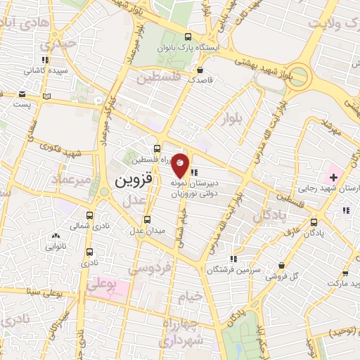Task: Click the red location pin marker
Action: tap(180, 165)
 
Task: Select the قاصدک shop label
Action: tap(201, 80)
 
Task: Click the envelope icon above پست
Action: tap(23, 94)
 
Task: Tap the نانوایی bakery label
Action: tap(56, 247)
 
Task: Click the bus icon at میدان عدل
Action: tap(147, 219)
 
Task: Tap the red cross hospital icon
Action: tap(333, 178)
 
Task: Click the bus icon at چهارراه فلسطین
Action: tap(157, 148)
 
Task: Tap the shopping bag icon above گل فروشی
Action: tap(281, 265)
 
